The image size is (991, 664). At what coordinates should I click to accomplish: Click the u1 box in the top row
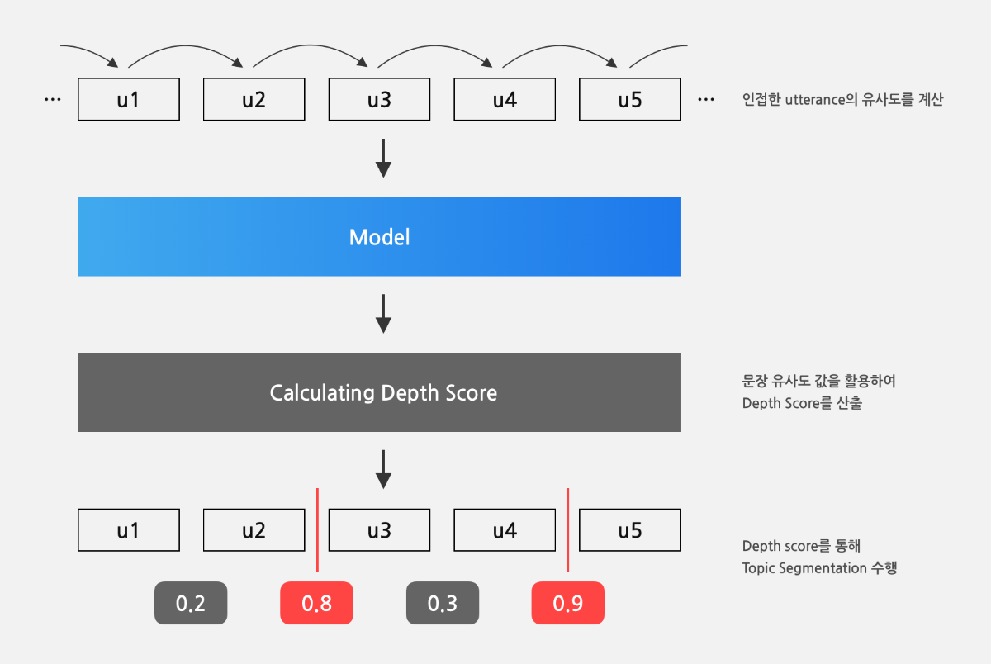[129, 99]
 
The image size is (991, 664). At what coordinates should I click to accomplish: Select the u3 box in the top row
[379, 99]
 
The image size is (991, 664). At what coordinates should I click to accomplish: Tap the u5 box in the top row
[630, 99]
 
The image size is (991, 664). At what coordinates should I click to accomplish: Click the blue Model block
[379, 237]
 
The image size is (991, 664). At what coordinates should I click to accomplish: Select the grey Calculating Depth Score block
[379, 392]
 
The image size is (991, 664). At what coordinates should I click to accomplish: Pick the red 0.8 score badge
[317, 603]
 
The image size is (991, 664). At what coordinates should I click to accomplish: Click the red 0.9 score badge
[567, 603]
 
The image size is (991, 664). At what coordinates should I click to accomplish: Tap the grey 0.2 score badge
[191, 603]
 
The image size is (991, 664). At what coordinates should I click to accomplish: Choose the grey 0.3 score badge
[443, 603]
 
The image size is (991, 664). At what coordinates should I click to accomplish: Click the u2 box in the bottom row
[254, 530]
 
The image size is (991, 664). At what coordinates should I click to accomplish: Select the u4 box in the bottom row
[505, 530]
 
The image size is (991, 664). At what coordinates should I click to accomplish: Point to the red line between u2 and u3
[317, 529]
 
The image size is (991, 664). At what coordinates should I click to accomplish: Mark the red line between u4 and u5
[567, 529]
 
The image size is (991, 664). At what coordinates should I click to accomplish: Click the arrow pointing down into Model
[383, 159]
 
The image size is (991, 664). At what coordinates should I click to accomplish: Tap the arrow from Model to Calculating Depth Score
[383, 314]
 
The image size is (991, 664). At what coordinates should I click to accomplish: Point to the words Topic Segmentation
[804, 568]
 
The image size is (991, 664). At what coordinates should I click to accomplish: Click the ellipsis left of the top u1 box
[53, 100]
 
